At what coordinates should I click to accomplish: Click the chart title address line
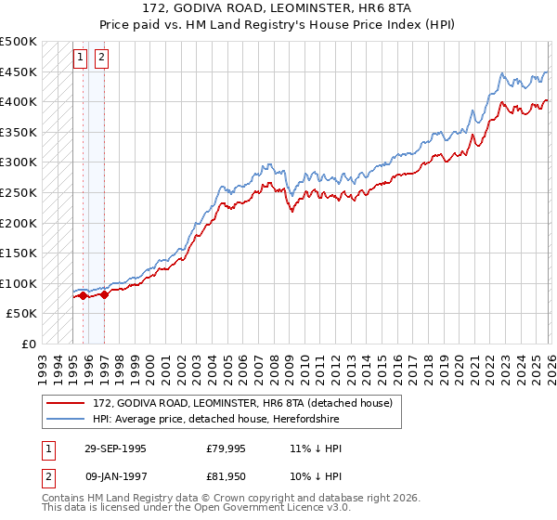point(278,8)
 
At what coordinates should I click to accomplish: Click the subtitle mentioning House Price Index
point(278,24)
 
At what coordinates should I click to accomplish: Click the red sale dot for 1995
point(84,295)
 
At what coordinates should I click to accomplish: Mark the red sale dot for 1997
point(104,294)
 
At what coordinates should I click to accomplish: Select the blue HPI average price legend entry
point(223,419)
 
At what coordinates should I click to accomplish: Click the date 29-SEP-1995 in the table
point(115,448)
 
